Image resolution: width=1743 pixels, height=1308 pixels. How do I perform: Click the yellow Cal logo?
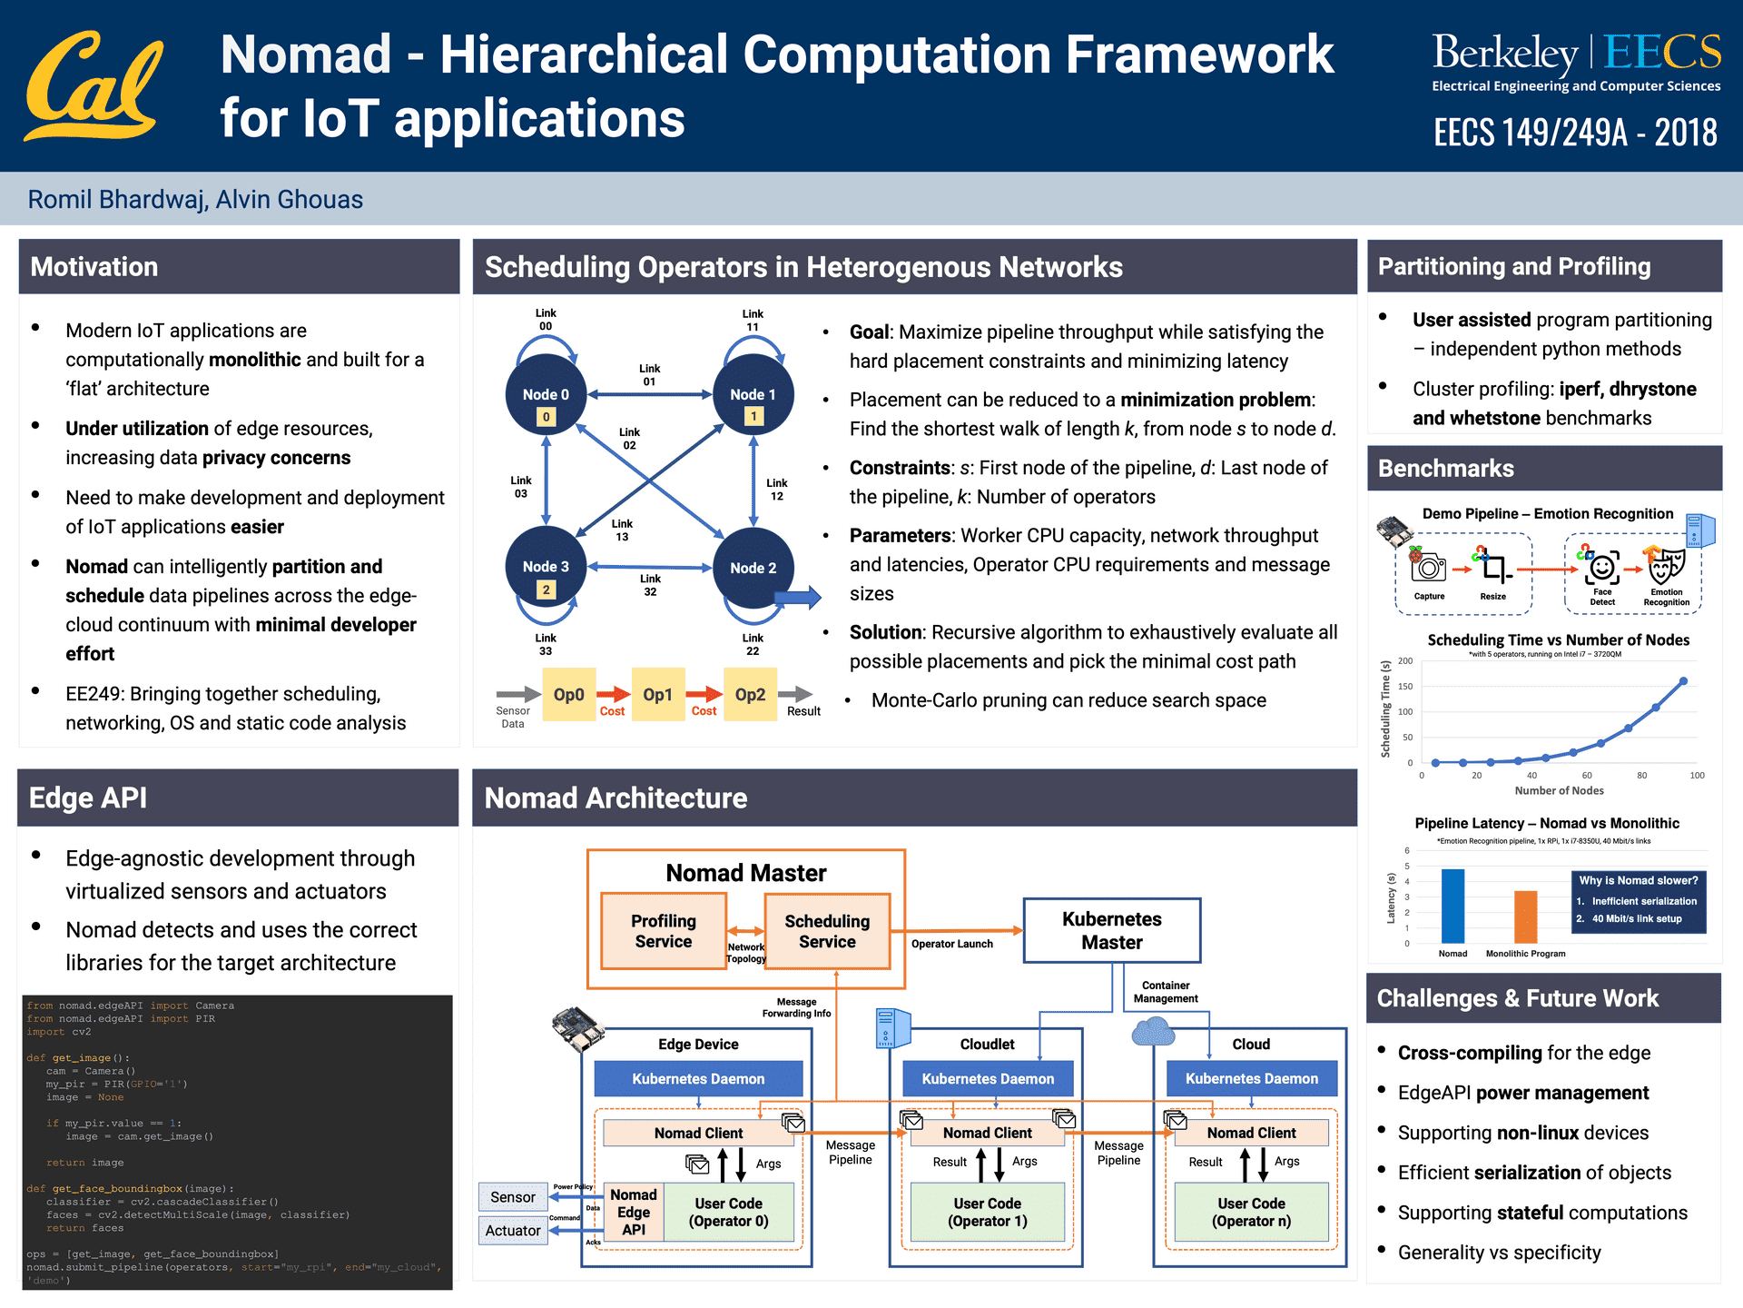pyautogui.click(x=94, y=86)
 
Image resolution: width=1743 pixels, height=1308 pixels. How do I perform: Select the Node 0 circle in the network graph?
pyautogui.click(x=546, y=395)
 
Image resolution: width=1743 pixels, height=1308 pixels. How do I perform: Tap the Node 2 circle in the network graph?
pyautogui.click(x=753, y=570)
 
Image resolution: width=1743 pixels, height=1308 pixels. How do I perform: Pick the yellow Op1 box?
pyautogui.click(x=658, y=695)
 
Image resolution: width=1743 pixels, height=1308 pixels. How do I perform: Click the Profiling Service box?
pyautogui.click(x=664, y=931)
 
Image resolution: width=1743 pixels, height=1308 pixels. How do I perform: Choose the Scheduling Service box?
pyautogui.click(x=827, y=931)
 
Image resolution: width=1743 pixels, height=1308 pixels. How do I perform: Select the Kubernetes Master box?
pyautogui.click(x=1112, y=930)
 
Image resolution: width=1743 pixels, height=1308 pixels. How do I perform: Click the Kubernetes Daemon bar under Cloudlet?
pyautogui.click(x=988, y=1078)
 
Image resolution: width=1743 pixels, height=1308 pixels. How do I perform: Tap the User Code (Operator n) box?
pyautogui.click(x=1251, y=1212)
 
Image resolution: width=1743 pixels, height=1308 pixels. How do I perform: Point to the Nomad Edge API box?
pyautogui.click(x=634, y=1212)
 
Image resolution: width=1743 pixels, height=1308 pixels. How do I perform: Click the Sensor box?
pyautogui.click(x=513, y=1197)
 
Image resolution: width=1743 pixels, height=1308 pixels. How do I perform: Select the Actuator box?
pyautogui.click(x=513, y=1231)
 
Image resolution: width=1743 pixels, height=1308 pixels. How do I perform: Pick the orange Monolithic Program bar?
pyautogui.click(x=1525, y=917)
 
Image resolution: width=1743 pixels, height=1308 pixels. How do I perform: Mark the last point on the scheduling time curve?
pyautogui.click(x=1683, y=680)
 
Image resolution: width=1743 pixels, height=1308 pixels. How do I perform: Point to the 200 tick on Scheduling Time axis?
pyautogui.click(x=1405, y=661)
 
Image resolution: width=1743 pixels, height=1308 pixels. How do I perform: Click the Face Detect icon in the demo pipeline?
pyautogui.click(x=1602, y=569)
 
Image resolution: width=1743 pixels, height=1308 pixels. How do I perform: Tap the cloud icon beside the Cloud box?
pyautogui.click(x=1153, y=1032)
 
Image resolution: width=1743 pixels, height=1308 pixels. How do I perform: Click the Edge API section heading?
pyautogui.click(x=88, y=798)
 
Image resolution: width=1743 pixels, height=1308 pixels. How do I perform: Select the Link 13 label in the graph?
pyautogui.click(x=622, y=530)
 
